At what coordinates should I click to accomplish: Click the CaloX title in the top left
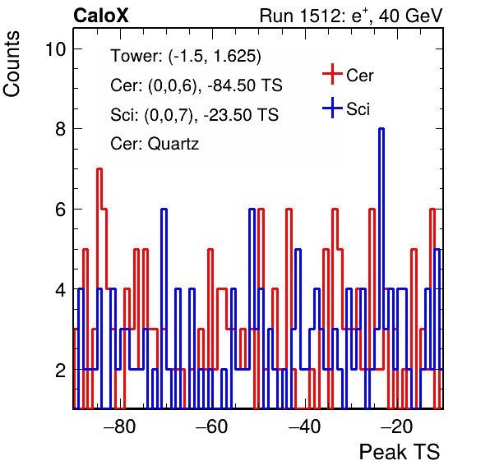click(101, 16)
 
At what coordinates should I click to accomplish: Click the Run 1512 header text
click(351, 16)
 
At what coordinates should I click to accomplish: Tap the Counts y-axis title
click(12, 64)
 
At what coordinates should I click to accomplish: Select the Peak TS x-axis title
click(400, 452)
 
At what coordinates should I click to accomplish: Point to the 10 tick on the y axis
click(56, 49)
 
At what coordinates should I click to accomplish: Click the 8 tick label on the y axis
click(61, 129)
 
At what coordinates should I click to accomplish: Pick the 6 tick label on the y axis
click(61, 209)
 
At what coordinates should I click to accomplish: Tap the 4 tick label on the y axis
click(61, 289)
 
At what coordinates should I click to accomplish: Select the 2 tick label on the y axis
click(61, 371)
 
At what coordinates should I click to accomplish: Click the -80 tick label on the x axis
click(120, 426)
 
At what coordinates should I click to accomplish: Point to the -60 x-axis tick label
click(212, 426)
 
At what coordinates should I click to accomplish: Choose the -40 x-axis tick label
click(304, 426)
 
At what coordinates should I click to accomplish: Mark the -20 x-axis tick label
click(397, 426)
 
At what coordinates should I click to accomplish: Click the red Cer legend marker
click(332, 74)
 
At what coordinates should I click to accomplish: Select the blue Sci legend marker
click(332, 108)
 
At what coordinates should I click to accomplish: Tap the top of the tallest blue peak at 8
click(381, 129)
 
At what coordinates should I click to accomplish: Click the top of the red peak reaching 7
click(99, 169)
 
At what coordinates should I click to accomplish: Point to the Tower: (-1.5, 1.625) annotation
click(186, 56)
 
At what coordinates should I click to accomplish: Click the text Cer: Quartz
click(155, 144)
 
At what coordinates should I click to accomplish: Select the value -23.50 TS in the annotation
click(241, 115)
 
